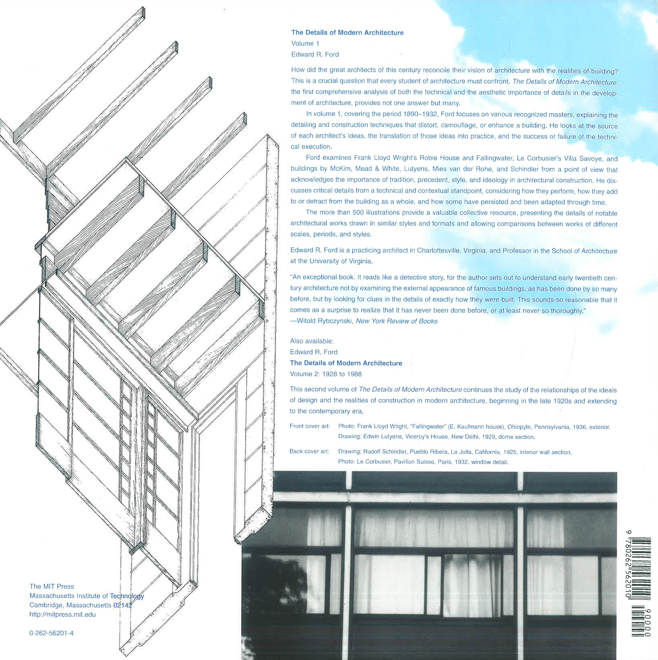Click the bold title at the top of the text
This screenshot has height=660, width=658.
(347, 33)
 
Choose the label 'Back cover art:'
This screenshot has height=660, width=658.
(309, 451)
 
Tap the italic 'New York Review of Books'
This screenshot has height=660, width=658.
(396, 321)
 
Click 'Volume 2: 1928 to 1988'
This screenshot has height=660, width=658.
(326, 374)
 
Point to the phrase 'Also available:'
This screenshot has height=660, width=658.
(311, 341)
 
